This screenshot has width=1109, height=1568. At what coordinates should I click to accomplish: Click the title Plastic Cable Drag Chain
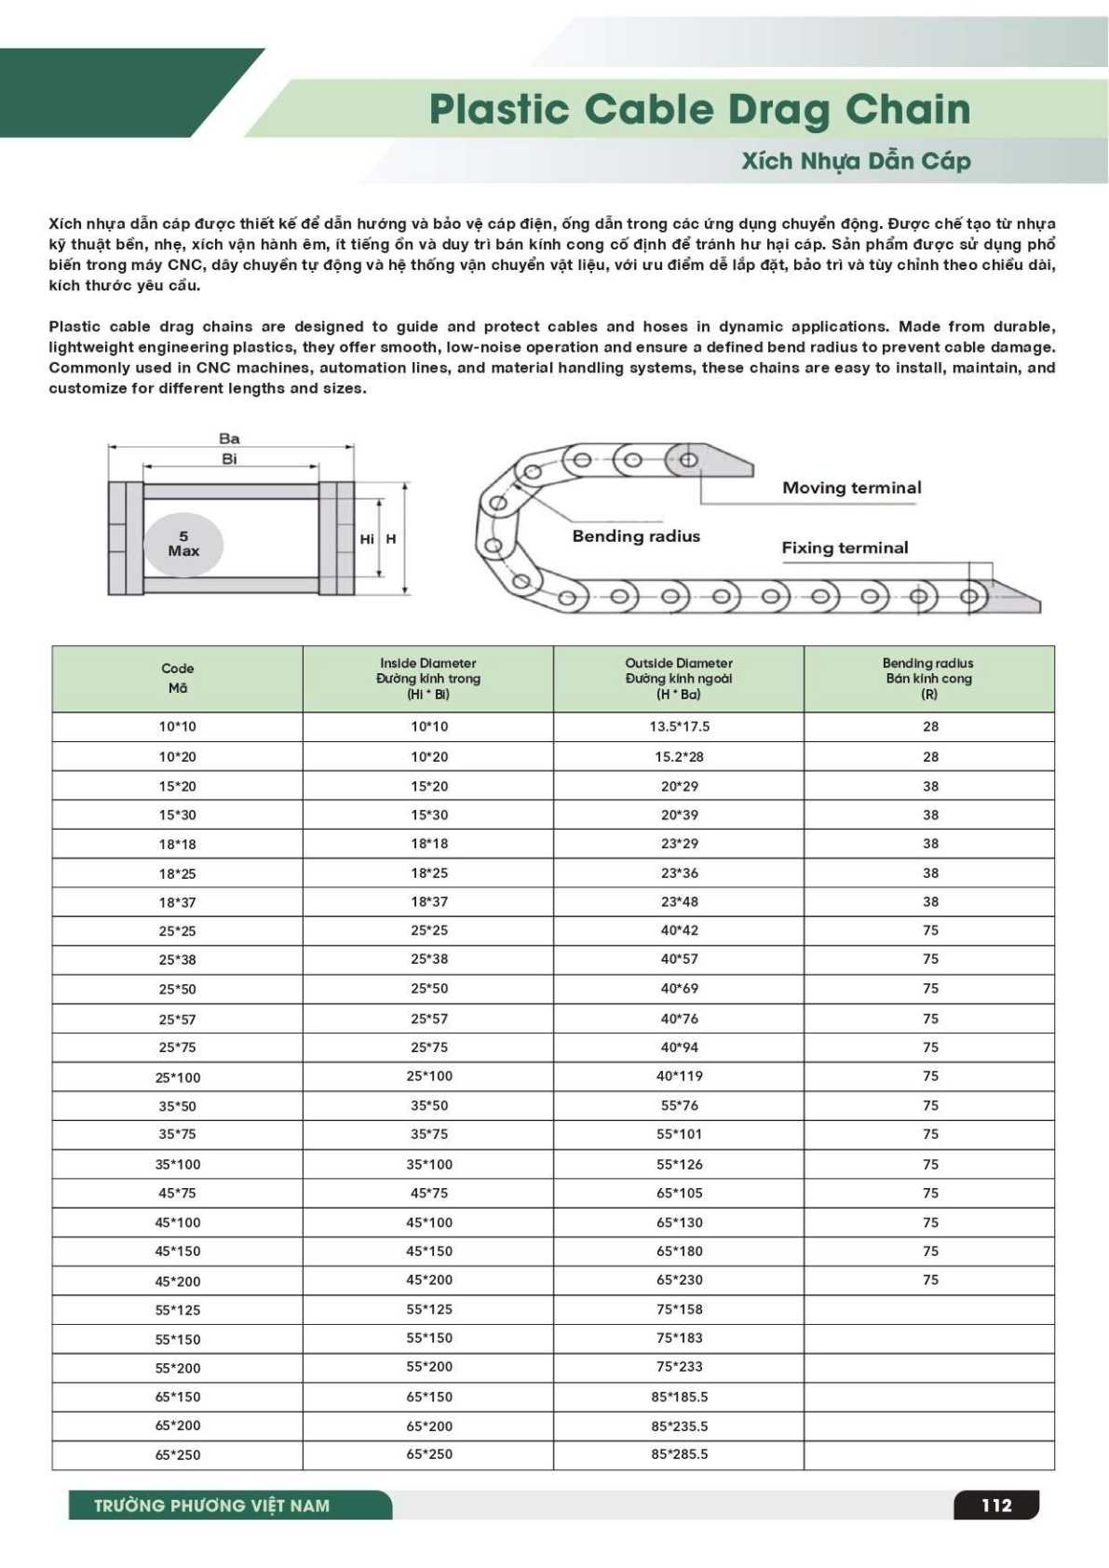click(699, 110)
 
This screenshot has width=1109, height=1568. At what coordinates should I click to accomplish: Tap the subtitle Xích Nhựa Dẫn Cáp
click(856, 161)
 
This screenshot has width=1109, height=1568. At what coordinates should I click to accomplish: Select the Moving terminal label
click(851, 488)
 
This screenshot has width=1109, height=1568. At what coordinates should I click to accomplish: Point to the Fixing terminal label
click(845, 547)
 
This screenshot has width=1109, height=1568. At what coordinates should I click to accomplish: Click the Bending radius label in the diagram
click(636, 536)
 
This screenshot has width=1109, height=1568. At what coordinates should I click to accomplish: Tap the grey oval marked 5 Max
click(183, 544)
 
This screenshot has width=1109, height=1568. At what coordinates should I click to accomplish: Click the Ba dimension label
click(229, 439)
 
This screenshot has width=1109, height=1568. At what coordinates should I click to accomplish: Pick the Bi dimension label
click(229, 459)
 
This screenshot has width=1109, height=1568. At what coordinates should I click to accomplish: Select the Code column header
click(177, 678)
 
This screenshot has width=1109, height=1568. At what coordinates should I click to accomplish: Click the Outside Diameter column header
click(679, 678)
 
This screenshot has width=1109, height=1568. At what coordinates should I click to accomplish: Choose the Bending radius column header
click(928, 678)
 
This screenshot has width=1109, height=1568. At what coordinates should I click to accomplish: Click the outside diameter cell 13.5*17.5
click(680, 726)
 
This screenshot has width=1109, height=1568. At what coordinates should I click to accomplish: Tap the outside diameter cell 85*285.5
click(680, 1453)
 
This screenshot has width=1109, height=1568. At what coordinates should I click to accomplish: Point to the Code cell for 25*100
click(178, 1077)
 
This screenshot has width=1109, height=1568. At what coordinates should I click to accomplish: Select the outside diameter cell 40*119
click(680, 1075)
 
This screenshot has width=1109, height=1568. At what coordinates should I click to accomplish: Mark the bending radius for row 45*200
click(930, 1279)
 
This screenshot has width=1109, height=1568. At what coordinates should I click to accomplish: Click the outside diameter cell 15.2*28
click(680, 757)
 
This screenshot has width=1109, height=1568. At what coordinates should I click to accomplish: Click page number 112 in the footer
click(995, 1505)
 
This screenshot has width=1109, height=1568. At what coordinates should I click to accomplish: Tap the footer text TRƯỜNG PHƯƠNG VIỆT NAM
click(212, 1506)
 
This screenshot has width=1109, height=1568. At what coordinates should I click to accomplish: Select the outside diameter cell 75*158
click(680, 1309)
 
